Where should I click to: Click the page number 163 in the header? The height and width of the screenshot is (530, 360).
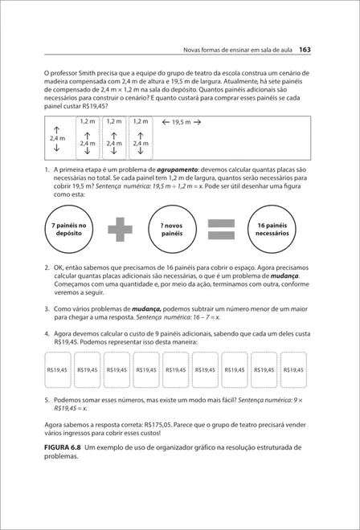point(305,50)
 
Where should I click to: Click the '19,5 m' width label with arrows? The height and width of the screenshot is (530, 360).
point(181,122)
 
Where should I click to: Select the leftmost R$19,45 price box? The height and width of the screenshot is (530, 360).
point(57,369)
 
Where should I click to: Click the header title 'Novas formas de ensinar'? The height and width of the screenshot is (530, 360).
point(225,50)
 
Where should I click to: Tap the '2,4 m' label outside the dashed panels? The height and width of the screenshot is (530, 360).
point(56,138)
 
